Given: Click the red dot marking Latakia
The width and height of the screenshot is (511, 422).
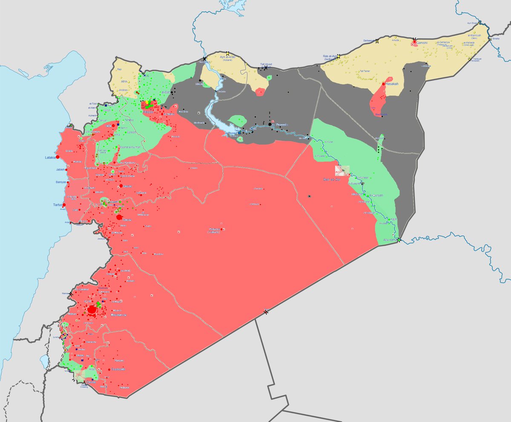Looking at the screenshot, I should (57, 157).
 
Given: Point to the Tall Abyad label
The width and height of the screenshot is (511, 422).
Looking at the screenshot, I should (266, 64).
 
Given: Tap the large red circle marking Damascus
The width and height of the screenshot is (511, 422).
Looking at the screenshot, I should (92, 309).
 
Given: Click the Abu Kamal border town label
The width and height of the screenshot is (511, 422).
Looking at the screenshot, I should (389, 240).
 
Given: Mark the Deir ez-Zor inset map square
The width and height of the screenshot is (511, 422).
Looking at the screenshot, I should (342, 171).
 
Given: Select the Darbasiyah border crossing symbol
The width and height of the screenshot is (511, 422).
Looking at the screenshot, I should (377, 41).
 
